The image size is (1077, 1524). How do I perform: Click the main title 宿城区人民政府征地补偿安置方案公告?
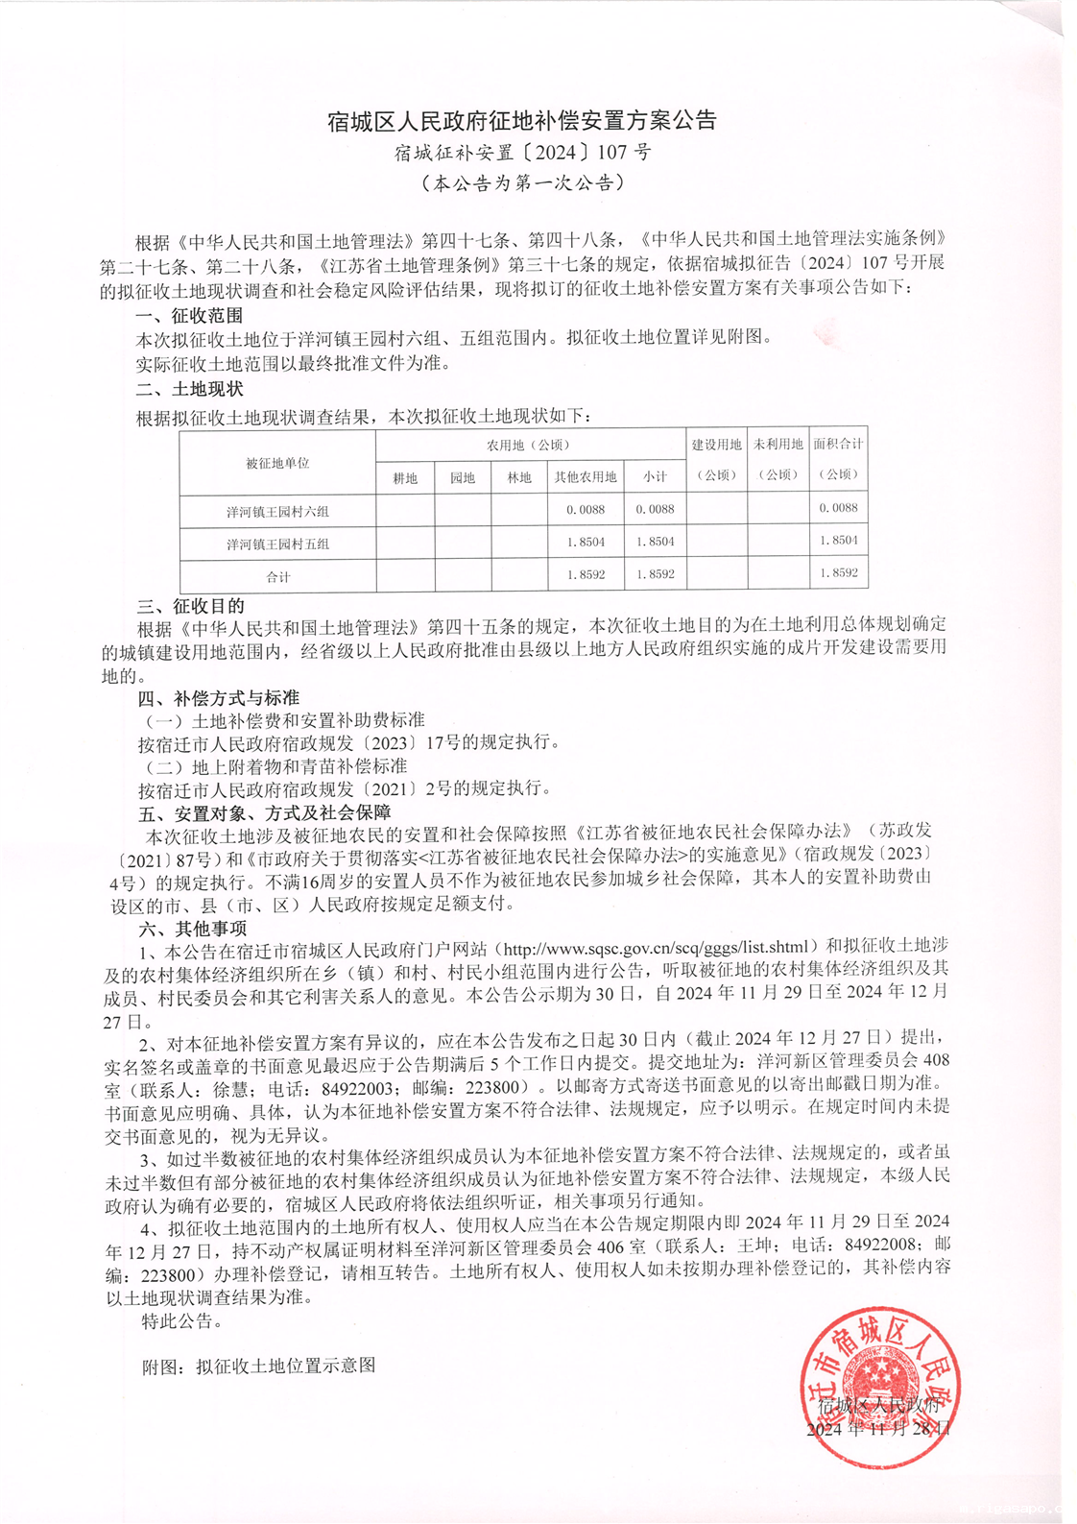click(x=522, y=121)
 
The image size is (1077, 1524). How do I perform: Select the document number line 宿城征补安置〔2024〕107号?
click(x=522, y=152)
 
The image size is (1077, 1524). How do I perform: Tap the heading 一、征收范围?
click(x=189, y=315)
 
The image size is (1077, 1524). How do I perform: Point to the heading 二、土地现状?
click(x=189, y=389)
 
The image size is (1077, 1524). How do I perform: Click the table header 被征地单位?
click(x=277, y=463)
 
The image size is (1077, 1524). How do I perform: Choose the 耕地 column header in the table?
click(x=405, y=477)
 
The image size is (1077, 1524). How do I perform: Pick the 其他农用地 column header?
click(x=586, y=477)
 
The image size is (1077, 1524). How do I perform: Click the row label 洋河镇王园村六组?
click(x=277, y=512)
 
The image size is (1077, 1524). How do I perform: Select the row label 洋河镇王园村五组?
click(x=277, y=544)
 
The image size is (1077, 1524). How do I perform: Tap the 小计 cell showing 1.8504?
click(x=655, y=542)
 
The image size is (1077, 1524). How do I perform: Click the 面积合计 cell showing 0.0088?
click(x=838, y=508)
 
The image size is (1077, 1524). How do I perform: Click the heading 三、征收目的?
click(x=191, y=606)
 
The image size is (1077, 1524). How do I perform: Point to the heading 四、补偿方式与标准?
click(x=218, y=697)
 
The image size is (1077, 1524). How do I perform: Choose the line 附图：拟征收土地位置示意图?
click(x=258, y=1365)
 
